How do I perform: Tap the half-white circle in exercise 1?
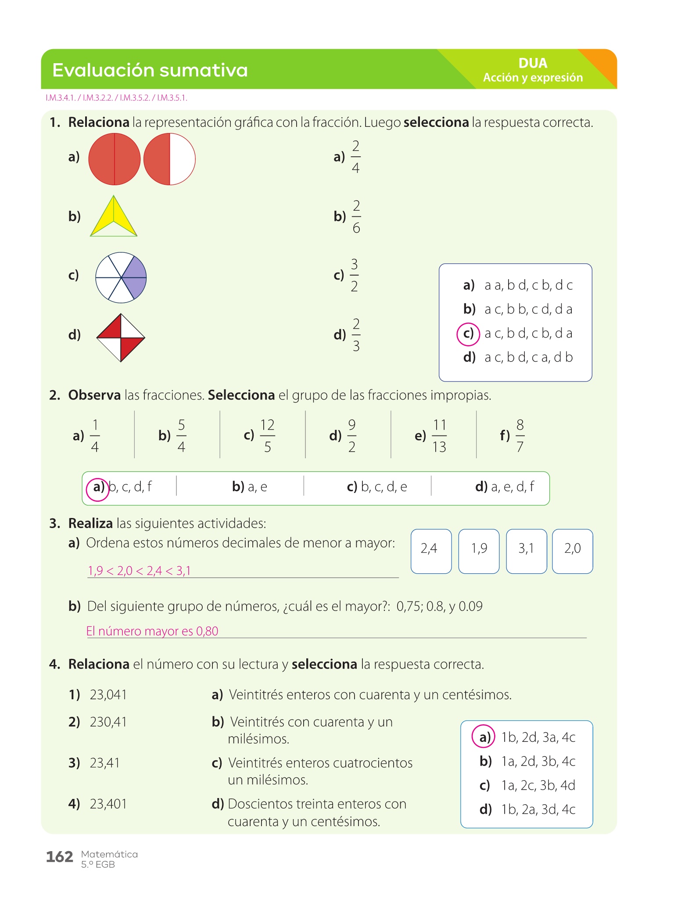click(169, 159)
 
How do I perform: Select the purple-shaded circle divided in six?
click(121, 277)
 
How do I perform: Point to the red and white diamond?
click(121, 338)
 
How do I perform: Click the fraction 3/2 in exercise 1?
click(354, 276)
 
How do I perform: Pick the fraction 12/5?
click(267, 436)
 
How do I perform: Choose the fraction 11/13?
click(439, 436)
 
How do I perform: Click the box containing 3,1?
click(526, 551)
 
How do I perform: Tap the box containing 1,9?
click(479, 551)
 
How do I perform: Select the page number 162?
click(60, 856)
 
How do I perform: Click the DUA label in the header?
click(533, 63)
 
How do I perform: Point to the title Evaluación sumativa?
click(150, 70)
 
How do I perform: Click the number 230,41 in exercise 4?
click(108, 722)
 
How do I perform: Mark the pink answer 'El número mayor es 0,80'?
click(152, 631)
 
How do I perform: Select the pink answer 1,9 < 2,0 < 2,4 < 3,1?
click(140, 571)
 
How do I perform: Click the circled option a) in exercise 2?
click(97, 488)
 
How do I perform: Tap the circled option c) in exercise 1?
click(468, 334)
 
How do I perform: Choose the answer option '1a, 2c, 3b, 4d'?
click(538, 785)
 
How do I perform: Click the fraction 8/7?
click(520, 436)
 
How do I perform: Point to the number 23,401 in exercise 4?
click(108, 804)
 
